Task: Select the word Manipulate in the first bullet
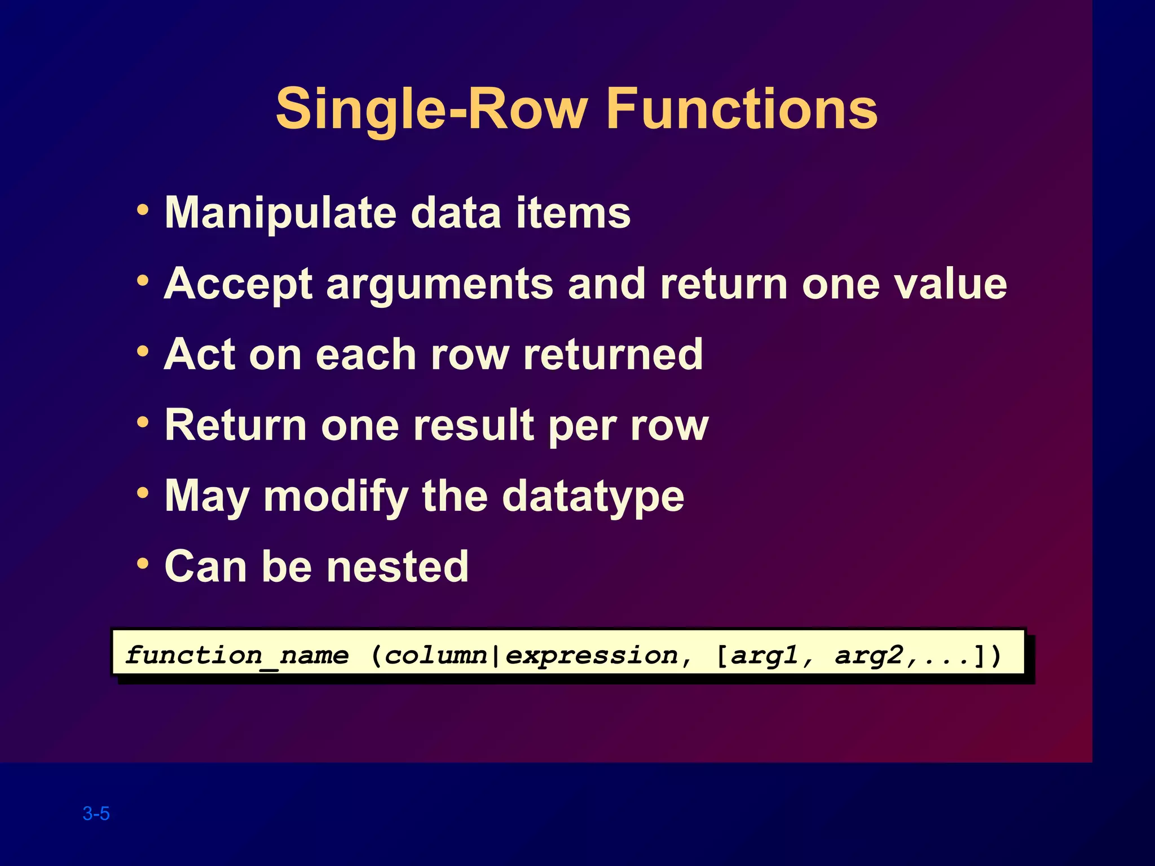coord(280,213)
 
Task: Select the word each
coord(365,355)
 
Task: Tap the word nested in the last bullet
coord(398,567)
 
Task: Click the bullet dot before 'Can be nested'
coord(143,563)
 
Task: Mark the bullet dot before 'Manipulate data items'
coord(143,210)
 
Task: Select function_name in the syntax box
coord(237,656)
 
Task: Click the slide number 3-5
coord(96,814)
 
